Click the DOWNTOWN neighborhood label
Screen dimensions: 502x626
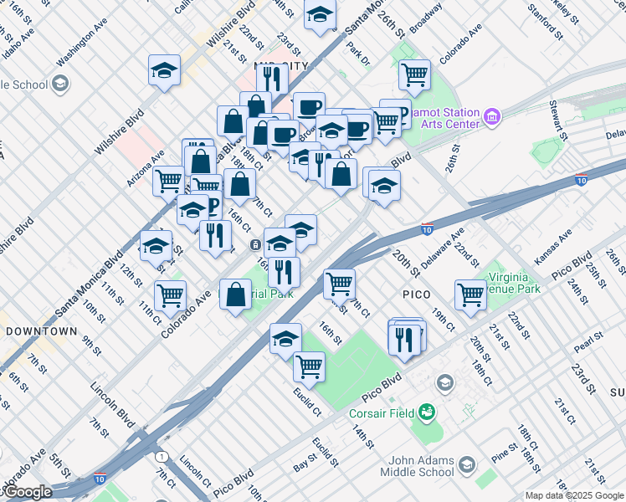point(41,331)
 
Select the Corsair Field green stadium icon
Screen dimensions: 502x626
point(428,411)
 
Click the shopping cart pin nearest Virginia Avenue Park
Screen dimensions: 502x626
point(470,294)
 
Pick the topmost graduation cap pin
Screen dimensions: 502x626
point(320,15)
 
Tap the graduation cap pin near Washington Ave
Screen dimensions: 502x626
point(165,71)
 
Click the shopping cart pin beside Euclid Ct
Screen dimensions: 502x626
point(310,366)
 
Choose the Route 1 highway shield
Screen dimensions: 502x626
point(160,455)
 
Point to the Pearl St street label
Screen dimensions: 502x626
point(588,341)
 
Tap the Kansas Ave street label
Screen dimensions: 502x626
point(554,248)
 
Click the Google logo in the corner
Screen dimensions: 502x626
point(27,492)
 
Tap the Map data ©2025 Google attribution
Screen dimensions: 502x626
point(573,495)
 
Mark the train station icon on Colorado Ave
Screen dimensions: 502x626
point(254,244)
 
